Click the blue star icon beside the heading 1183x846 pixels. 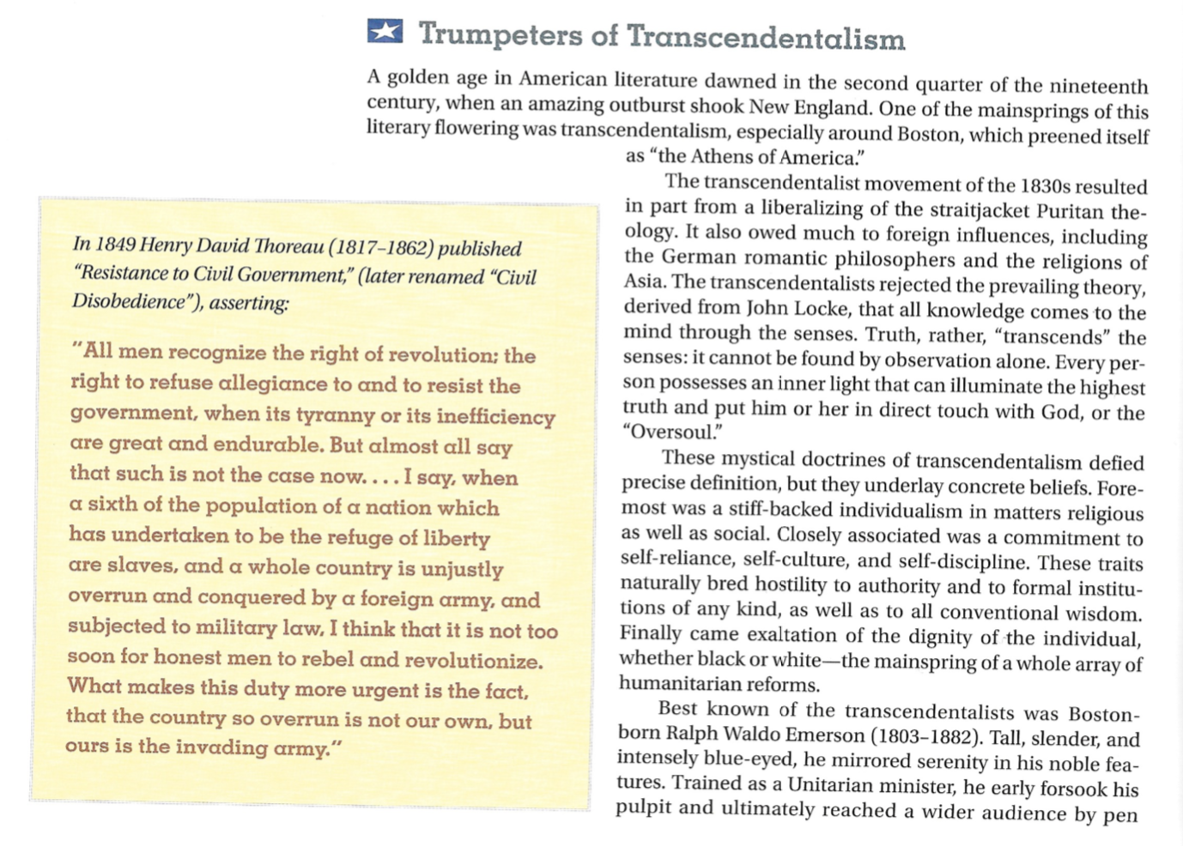click(x=385, y=32)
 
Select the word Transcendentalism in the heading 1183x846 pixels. click(x=766, y=38)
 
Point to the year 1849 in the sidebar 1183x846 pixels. click(x=116, y=245)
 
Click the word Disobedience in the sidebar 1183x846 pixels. click(x=129, y=302)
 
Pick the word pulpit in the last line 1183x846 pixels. click(x=643, y=808)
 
